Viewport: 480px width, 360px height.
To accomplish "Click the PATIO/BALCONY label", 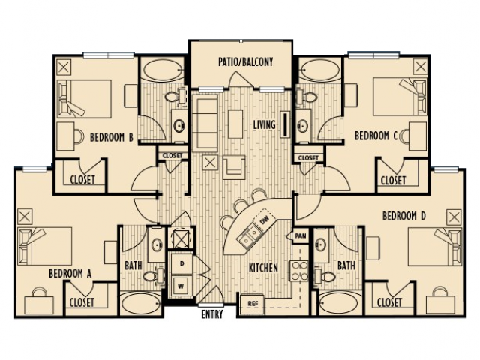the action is pyautogui.click(x=245, y=61).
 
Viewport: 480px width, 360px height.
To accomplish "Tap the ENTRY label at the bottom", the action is pyautogui.click(x=212, y=314).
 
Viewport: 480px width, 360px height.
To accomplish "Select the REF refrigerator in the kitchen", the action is pyautogui.click(x=252, y=304).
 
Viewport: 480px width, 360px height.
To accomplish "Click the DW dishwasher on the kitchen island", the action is pyautogui.click(x=264, y=220).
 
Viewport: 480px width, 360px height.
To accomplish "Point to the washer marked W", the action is pyautogui.click(x=181, y=286).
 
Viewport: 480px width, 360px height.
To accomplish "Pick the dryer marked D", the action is pyautogui.click(x=181, y=263).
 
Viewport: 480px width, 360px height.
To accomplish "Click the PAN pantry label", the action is pyautogui.click(x=301, y=236).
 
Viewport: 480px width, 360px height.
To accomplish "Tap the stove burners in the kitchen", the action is pyautogui.click(x=299, y=271).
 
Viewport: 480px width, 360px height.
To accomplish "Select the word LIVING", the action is pyautogui.click(x=265, y=124).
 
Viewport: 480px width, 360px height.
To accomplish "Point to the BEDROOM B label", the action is pyautogui.click(x=112, y=137).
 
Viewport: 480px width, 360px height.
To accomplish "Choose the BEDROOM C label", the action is pyautogui.click(x=376, y=136).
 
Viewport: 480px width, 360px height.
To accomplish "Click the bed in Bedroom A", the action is pyautogui.click(x=45, y=246).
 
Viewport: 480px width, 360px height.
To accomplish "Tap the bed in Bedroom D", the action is pyautogui.click(x=435, y=247).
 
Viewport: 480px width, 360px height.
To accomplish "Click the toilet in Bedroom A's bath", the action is pyautogui.click(x=152, y=275).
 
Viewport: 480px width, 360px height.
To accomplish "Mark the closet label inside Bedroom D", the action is pyautogui.click(x=389, y=302).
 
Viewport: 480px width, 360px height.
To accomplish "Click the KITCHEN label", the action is pyautogui.click(x=263, y=268).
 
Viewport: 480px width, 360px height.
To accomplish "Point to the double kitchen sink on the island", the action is pyautogui.click(x=249, y=236).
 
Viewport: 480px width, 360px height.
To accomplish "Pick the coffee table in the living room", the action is pyautogui.click(x=235, y=124).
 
